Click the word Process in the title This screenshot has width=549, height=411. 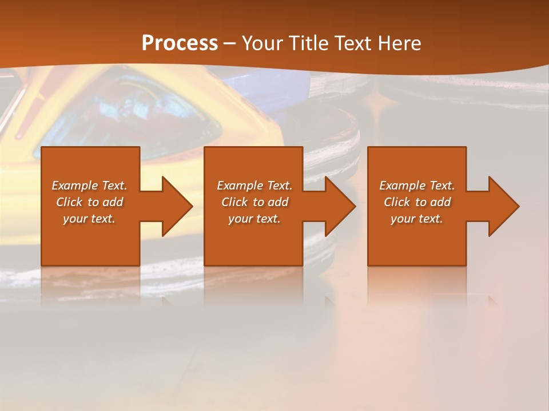coord(180,43)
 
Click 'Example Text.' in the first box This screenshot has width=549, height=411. coord(89,186)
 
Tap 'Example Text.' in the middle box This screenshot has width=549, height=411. coord(254,186)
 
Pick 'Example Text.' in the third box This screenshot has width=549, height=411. coord(417,186)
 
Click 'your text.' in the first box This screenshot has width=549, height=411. coord(89,219)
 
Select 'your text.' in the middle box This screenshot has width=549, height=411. coord(254,219)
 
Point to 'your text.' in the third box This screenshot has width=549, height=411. coord(417,219)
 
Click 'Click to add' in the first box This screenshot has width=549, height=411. coord(89,202)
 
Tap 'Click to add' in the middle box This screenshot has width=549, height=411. coord(254,202)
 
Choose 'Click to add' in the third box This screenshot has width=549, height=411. coord(417,202)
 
